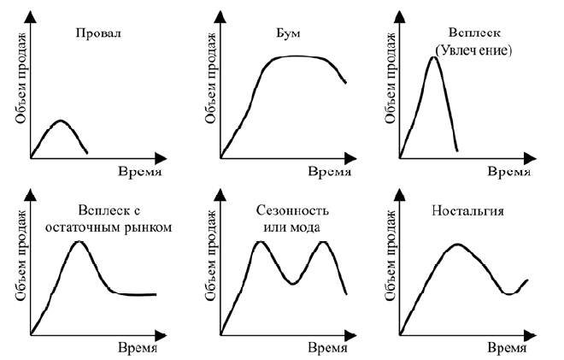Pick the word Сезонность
[290, 210]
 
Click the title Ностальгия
[467, 210]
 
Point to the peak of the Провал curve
[58, 121]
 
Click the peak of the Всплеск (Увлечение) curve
[432, 58]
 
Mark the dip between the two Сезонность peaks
[291, 283]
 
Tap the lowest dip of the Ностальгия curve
[509, 293]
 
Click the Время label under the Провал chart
[135, 172]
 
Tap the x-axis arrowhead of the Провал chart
[159, 158]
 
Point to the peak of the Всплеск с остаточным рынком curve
[79, 242]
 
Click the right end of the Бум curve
[345, 82]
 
